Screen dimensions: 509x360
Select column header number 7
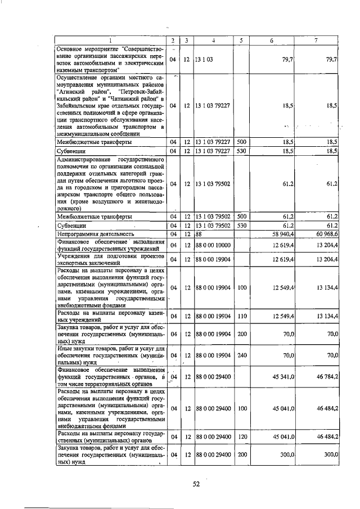(x=316, y=40)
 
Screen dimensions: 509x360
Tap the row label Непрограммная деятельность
(x=95, y=233)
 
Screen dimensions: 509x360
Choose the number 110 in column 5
(x=242, y=316)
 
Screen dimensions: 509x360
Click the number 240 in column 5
(x=242, y=355)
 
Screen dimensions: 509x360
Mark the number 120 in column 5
(x=242, y=436)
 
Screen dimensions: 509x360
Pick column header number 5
(x=241, y=40)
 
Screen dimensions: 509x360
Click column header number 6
(x=272, y=40)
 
